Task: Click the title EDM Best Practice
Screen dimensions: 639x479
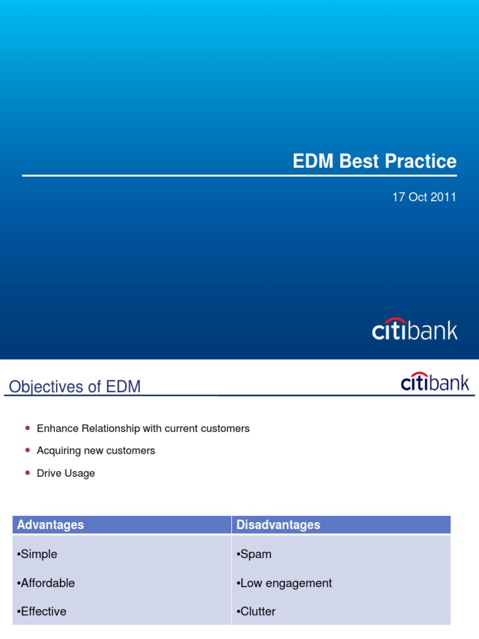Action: (x=374, y=162)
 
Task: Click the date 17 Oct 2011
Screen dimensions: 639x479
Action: (x=424, y=197)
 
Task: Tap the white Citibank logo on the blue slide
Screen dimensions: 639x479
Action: (x=415, y=329)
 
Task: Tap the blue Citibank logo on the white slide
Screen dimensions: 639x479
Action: (x=435, y=382)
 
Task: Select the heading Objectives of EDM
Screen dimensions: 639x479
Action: (x=75, y=387)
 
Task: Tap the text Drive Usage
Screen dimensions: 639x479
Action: (x=66, y=473)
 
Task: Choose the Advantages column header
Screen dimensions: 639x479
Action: (x=51, y=525)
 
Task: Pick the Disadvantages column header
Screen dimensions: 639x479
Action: (x=278, y=525)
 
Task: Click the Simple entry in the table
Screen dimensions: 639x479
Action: (x=39, y=554)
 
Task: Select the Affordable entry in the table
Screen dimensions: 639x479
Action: (x=48, y=583)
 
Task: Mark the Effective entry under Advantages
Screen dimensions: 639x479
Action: (x=44, y=612)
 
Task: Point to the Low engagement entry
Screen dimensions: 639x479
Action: (x=284, y=583)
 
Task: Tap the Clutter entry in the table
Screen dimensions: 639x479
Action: (x=256, y=612)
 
